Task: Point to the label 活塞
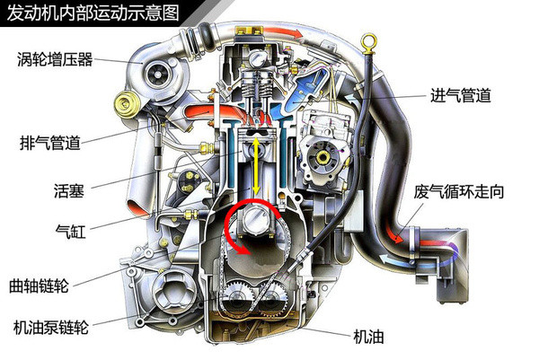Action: click(68, 189)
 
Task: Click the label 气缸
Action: click(68, 229)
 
